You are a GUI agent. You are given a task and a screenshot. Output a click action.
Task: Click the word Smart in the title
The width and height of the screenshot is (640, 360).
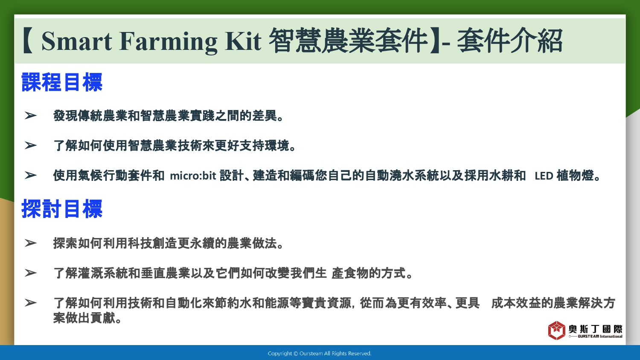(76, 41)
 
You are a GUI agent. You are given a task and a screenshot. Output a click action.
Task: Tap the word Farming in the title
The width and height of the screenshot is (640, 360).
(168, 42)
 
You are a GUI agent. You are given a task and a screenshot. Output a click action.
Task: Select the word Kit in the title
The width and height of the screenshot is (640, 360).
(243, 41)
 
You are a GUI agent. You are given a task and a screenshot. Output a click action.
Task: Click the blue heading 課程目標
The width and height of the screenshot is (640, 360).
(62, 82)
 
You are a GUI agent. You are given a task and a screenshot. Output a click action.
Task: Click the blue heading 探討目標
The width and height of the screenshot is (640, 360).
(62, 209)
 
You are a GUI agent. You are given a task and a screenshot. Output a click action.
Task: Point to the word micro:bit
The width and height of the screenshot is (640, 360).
(193, 175)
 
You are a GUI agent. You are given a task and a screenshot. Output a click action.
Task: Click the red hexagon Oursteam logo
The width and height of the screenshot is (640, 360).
(556, 330)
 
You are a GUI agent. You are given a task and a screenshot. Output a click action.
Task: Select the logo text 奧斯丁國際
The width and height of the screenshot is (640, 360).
(595, 329)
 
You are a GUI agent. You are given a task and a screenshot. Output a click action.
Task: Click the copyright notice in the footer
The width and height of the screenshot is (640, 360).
(320, 354)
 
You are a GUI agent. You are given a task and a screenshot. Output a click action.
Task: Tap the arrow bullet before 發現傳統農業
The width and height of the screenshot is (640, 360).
(31, 116)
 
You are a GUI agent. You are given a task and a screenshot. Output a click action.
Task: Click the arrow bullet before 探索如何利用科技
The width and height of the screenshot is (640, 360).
(31, 243)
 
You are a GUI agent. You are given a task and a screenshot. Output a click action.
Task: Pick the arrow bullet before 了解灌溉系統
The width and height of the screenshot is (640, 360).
(31, 273)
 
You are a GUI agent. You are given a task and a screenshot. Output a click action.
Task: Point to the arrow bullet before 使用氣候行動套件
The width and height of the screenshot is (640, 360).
(31, 175)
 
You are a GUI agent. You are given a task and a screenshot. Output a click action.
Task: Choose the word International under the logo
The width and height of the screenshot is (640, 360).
(611, 337)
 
